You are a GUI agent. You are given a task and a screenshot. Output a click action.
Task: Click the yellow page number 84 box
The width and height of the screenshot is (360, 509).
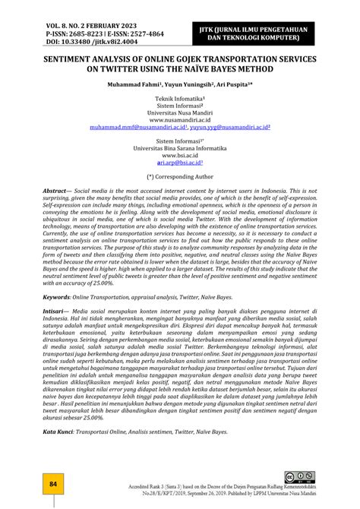[x=53, y=484]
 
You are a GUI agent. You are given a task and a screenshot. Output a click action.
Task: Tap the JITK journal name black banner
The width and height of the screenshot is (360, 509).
[x=263, y=34]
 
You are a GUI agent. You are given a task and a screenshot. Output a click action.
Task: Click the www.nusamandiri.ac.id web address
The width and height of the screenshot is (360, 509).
[x=180, y=120]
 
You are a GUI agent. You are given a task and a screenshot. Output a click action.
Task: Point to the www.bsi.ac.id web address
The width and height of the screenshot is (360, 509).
[x=180, y=155]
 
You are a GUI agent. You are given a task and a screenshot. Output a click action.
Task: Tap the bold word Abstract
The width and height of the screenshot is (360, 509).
[x=57, y=191]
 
